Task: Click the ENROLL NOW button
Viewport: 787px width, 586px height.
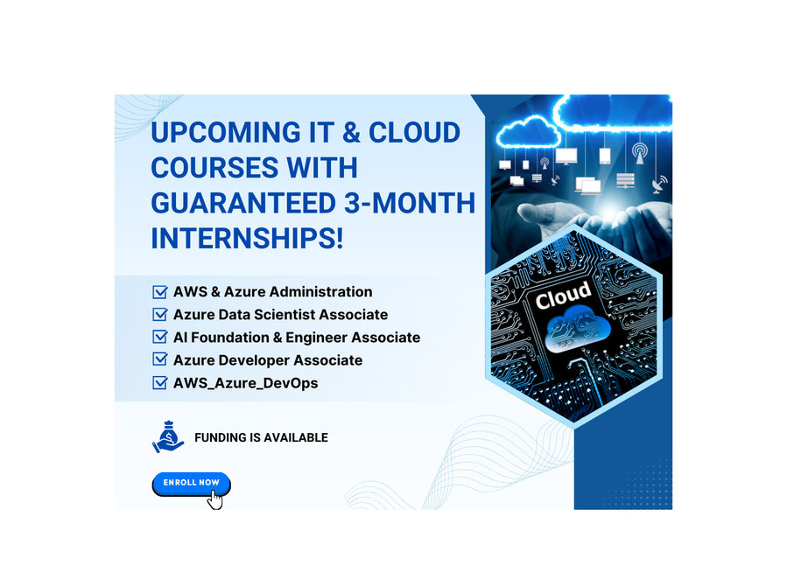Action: pyautogui.click(x=191, y=484)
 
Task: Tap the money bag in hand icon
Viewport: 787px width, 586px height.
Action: pyautogui.click(x=168, y=436)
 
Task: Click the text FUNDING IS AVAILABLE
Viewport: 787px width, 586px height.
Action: pyautogui.click(x=261, y=437)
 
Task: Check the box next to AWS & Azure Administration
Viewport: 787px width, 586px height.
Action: pyautogui.click(x=159, y=292)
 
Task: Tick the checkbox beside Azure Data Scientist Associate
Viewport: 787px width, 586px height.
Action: pyautogui.click(x=159, y=314)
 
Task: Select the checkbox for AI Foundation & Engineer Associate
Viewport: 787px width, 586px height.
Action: pyautogui.click(x=159, y=337)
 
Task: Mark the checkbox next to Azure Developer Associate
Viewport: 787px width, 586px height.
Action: pyautogui.click(x=159, y=360)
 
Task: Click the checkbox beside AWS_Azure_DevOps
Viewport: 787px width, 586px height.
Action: pyautogui.click(x=159, y=383)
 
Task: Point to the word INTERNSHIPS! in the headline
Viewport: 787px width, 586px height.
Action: pyautogui.click(x=248, y=238)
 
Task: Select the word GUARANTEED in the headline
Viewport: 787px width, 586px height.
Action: pyautogui.click(x=243, y=203)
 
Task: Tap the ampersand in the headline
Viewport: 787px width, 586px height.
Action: pyautogui.click(x=352, y=132)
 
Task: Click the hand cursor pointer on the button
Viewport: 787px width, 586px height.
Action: pyautogui.click(x=215, y=499)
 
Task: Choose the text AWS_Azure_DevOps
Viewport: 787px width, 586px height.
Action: pyautogui.click(x=245, y=383)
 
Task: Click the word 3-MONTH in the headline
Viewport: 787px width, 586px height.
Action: pyautogui.click(x=410, y=203)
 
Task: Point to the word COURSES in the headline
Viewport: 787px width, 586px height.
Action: pyautogui.click(x=215, y=167)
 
